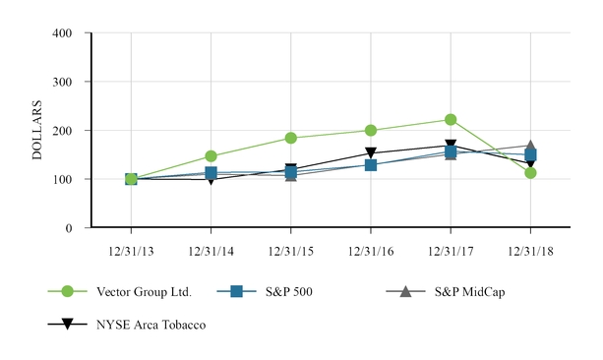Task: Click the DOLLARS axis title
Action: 37,130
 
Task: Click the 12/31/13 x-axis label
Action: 131,251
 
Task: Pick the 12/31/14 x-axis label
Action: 211,251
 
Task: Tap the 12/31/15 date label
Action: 291,251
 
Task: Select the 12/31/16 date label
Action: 371,251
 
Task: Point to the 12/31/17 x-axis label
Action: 451,251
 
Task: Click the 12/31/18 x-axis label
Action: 530,251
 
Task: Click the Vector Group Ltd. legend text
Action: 136,291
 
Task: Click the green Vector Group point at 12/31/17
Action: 451,120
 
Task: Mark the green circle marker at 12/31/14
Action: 211,156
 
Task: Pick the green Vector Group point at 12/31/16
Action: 371,130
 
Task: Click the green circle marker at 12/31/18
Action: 530,173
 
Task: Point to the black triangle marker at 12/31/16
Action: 371,153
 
